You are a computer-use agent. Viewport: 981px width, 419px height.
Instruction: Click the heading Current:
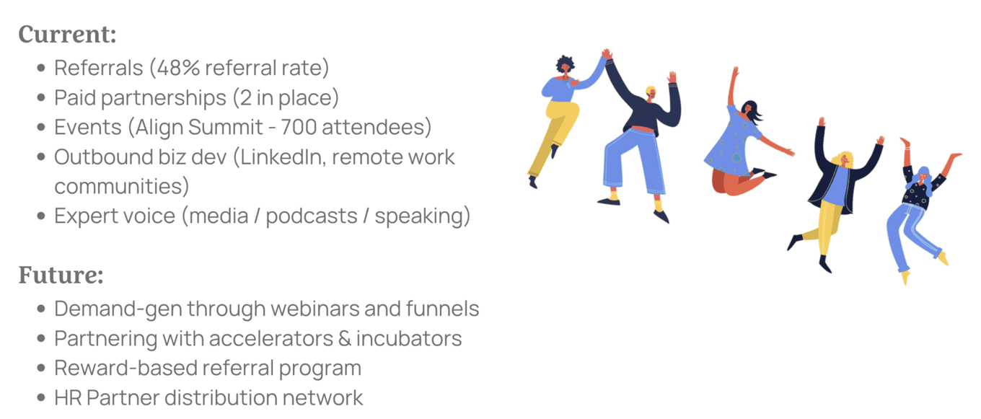click(x=68, y=34)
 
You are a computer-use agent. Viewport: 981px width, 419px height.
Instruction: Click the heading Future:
click(x=61, y=275)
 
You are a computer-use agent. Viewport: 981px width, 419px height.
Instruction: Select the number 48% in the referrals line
click(x=177, y=68)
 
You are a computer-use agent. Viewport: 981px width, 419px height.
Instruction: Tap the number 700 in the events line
click(x=298, y=127)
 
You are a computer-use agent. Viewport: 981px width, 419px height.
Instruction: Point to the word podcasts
click(x=312, y=216)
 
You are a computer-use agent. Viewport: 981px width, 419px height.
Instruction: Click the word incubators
click(x=408, y=338)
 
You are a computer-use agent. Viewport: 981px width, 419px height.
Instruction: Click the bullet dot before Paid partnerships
click(x=41, y=97)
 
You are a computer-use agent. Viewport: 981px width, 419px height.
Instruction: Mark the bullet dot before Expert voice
click(x=41, y=216)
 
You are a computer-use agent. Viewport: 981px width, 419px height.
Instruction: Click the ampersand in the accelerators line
click(x=345, y=338)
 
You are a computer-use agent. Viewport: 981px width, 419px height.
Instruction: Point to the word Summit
click(x=225, y=127)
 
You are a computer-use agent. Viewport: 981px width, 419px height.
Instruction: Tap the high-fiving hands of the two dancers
click(x=607, y=54)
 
